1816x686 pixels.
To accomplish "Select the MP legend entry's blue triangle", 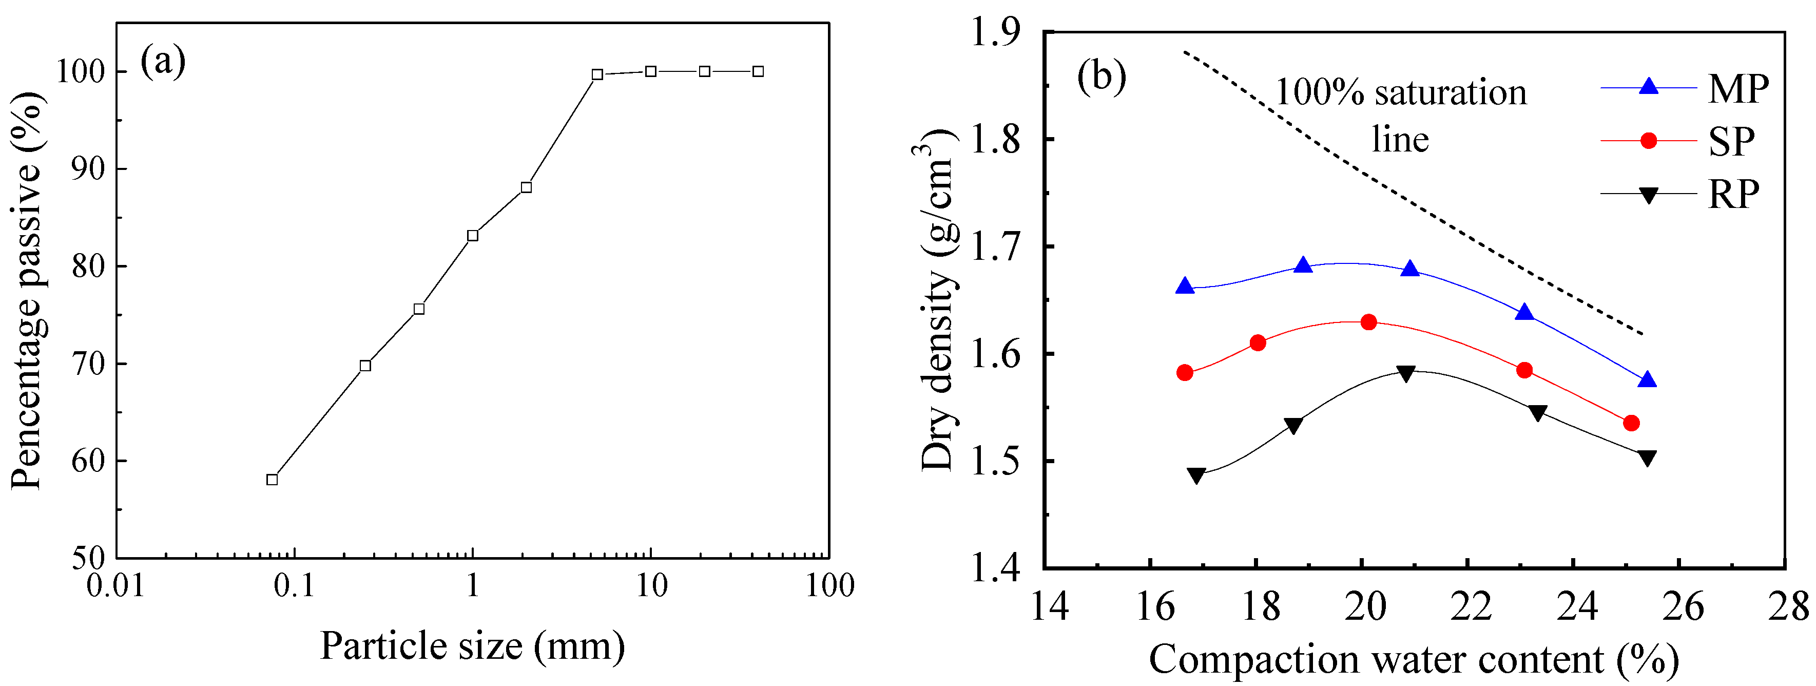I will pyautogui.click(x=1648, y=86).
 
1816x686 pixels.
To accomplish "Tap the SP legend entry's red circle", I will pyautogui.click(x=1648, y=141).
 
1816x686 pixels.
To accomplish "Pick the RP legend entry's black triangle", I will pyautogui.click(x=1648, y=195).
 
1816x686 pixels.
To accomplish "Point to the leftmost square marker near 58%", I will pyautogui.click(x=272, y=480).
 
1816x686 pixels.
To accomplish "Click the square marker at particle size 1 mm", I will pyautogui.click(x=472, y=236).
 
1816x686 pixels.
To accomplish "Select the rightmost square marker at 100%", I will pyautogui.click(x=758, y=71).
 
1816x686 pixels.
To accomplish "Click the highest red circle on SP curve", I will pyautogui.click(x=1368, y=322).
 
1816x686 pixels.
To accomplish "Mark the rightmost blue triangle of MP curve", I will pyautogui.click(x=1648, y=380).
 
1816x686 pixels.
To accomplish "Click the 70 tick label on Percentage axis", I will pyautogui.click(x=88, y=364).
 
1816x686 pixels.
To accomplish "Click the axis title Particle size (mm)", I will pyautogui.click(x=472, y=645).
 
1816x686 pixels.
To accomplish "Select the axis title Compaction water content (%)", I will pyautogui.click(x=1414, y=659).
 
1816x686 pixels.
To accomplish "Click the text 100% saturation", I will pyautogui.click(x=1401, y=93).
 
